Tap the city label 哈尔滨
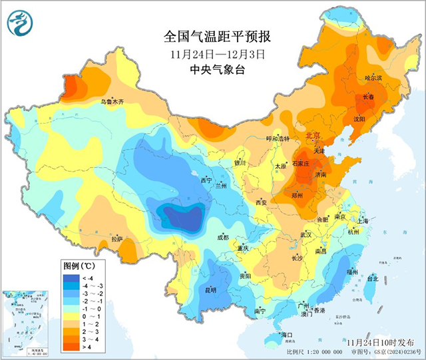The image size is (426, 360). click(373, 79)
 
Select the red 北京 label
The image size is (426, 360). click(312, 136)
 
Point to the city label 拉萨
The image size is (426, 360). click(117, 239)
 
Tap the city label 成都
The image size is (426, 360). click(222, 238)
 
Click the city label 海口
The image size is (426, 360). click(288, 333)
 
